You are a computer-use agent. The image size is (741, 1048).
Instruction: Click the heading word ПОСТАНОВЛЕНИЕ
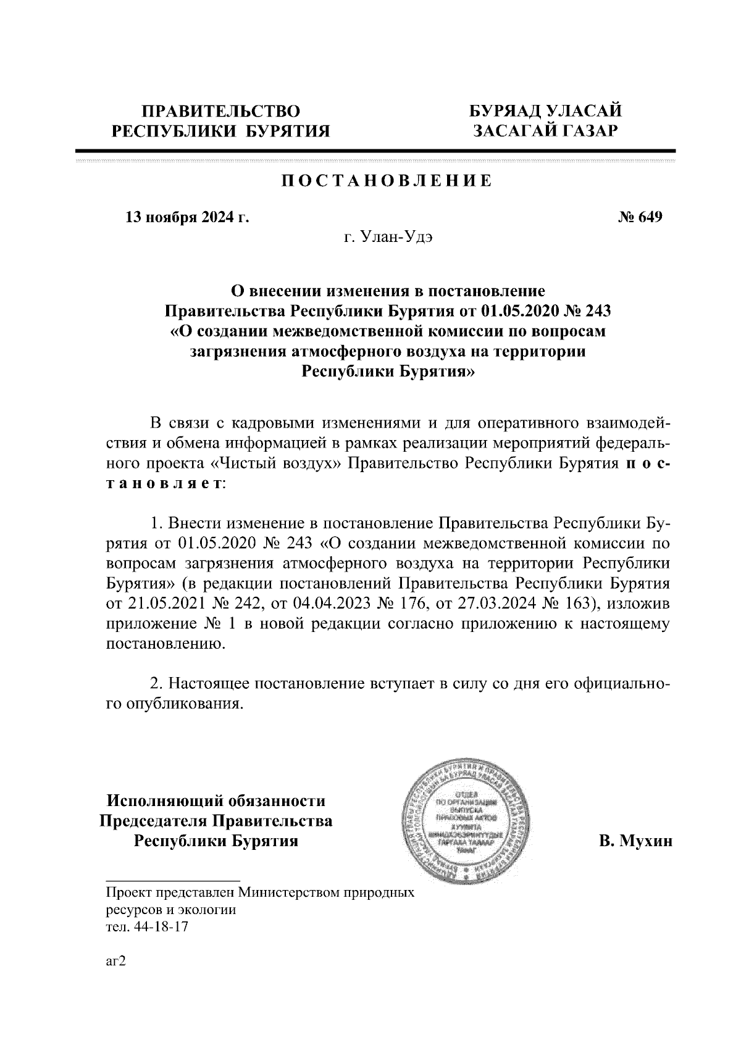(x=387, y=181)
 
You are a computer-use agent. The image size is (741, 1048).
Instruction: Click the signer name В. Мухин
(x=635, y=841)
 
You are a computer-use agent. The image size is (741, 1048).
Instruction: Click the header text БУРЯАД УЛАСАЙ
(x=545, y=111)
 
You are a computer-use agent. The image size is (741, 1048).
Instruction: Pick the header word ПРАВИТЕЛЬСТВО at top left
(x=221, y=112)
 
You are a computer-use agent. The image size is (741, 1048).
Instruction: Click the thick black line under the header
(x=375, y=150)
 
